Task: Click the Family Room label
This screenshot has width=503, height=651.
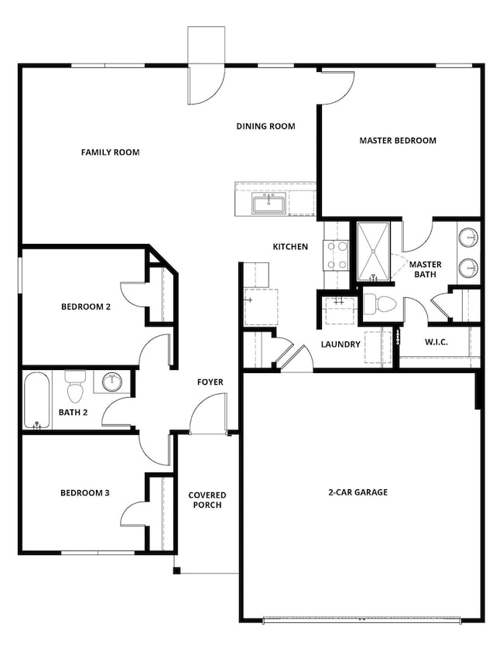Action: click(110, 152)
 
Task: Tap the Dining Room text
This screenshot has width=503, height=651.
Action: click(265, 126)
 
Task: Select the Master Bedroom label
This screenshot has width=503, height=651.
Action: click(398, 141)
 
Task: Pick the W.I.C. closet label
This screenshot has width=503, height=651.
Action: click(436, 343)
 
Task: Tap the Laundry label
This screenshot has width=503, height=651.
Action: click(341, 344)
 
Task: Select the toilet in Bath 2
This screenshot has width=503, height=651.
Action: click(75, 385)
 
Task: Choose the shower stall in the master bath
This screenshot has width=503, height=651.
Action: click(375, 249)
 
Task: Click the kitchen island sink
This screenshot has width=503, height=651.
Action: click(269, 204)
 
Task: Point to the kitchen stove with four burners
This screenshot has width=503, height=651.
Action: click(336, 255)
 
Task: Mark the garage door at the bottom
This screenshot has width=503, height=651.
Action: click(362, 618)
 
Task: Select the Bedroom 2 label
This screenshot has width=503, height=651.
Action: click(86, 307)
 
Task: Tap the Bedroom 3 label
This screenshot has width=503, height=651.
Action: click(86, 493)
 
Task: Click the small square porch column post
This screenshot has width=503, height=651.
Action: click(176, 571)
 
